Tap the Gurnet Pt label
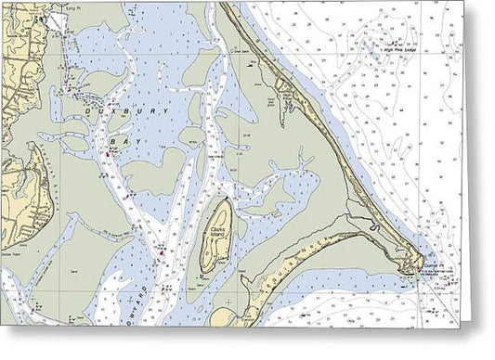[433, 264]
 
